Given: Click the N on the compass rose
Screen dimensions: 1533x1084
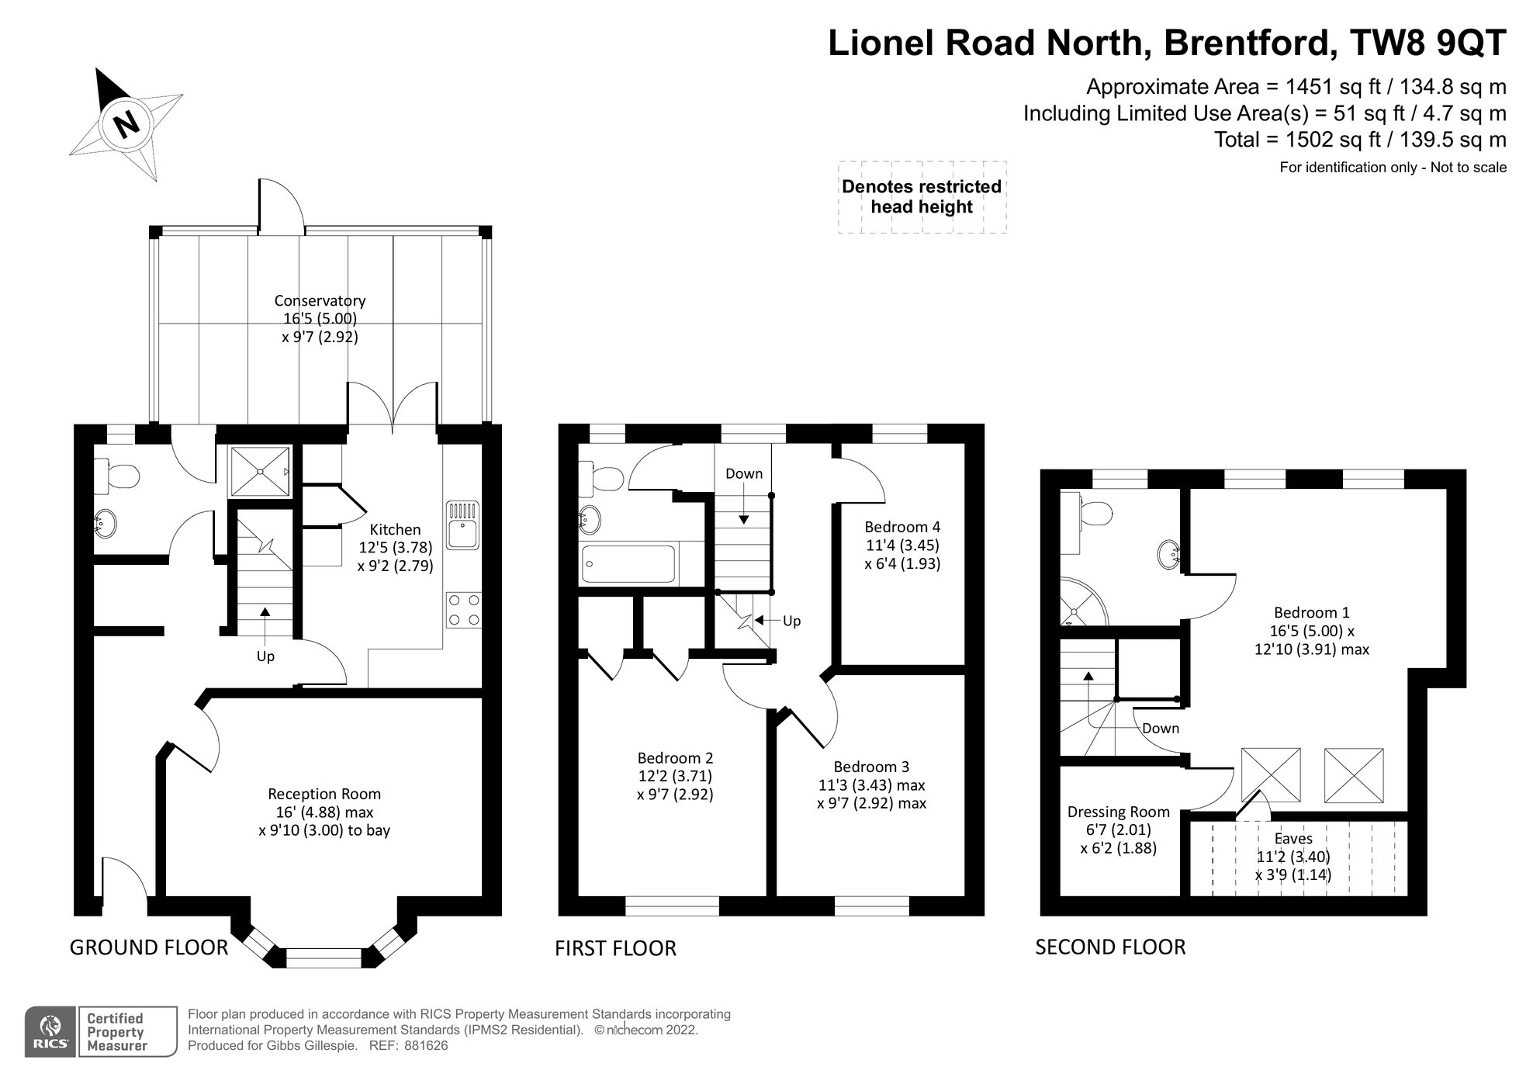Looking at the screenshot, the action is (x=126, y=123).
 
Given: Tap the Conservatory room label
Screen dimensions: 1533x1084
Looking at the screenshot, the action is (x=320, y=300).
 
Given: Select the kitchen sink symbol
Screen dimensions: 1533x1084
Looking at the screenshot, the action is (x=463, y=525).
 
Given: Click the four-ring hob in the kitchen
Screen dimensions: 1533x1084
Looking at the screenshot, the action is (x=463, y=610).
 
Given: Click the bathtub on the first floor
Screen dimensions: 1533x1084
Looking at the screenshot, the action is (x=629, y=564).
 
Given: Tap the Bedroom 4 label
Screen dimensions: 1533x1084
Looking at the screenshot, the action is (x=902, y=526).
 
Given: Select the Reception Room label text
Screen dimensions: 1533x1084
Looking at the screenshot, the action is (x=324, y=794).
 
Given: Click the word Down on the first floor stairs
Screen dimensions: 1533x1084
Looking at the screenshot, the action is (x=744, y=473).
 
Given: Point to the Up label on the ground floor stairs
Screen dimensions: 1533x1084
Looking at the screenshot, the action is (x=265, y=656).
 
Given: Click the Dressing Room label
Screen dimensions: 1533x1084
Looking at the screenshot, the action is (x=1119, y=812).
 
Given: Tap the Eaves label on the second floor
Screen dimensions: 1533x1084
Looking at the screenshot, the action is (x=1293, y=839).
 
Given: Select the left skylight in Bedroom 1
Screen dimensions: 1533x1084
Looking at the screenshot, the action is (x=1271, y=774).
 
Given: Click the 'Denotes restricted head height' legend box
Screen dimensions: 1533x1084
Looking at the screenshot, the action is (x=922, y=197).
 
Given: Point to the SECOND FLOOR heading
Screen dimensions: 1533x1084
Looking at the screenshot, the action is (x=1110, y=947).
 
